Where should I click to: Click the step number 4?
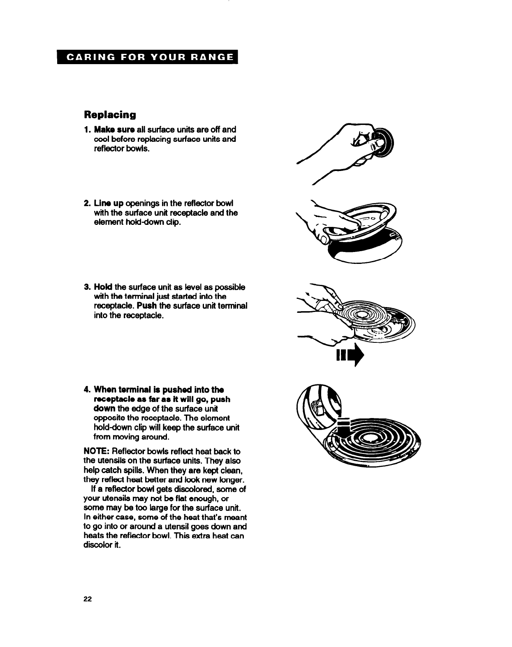point(86,389)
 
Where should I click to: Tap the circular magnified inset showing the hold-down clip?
point(318,405)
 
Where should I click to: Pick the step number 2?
point(86,203)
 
